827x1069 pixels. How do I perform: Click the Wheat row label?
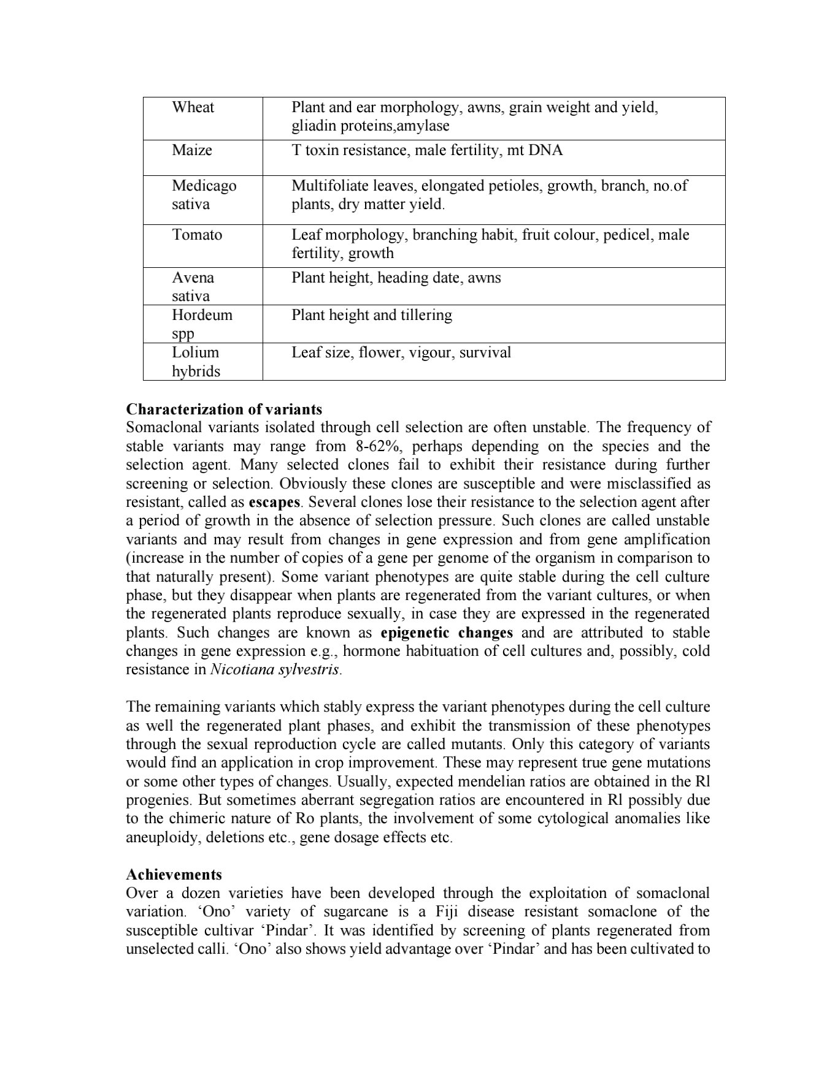193,107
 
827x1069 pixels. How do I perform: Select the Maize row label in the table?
191,150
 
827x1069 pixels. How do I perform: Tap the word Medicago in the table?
204,185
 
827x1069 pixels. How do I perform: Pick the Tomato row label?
197,235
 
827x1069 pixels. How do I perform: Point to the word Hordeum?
202,315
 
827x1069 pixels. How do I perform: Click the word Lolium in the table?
195,352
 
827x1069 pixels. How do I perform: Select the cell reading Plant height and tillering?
371,315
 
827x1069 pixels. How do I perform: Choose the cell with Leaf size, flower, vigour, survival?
401,352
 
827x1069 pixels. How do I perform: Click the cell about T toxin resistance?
426,150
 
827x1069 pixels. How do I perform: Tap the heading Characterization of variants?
224,409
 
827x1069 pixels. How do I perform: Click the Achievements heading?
174,874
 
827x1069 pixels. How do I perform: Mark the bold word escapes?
274,502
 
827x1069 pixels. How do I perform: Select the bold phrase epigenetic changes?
446,633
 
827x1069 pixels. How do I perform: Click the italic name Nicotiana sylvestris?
275,669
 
